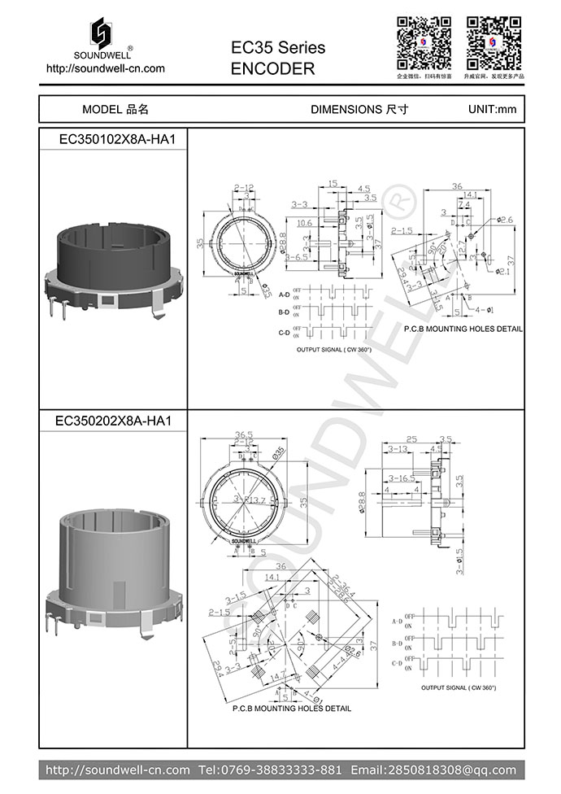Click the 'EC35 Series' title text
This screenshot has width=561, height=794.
(278, 48)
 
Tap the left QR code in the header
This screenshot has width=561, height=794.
(423, 41)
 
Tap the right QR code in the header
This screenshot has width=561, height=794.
(494, 41)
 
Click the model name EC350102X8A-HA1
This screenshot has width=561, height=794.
(117, 139)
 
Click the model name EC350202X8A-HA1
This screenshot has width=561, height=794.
(113, 421)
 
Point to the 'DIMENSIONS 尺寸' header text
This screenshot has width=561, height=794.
(359, 109)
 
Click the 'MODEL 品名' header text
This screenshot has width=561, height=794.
(115, 109)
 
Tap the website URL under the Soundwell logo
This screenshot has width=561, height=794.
(106, 68)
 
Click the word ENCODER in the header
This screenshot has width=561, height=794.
(272, 69)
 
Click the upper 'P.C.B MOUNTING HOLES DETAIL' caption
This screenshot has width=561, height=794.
(463, 329)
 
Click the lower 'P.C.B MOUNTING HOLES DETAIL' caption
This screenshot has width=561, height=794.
(292, 709)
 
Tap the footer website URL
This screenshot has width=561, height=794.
(117, 770)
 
